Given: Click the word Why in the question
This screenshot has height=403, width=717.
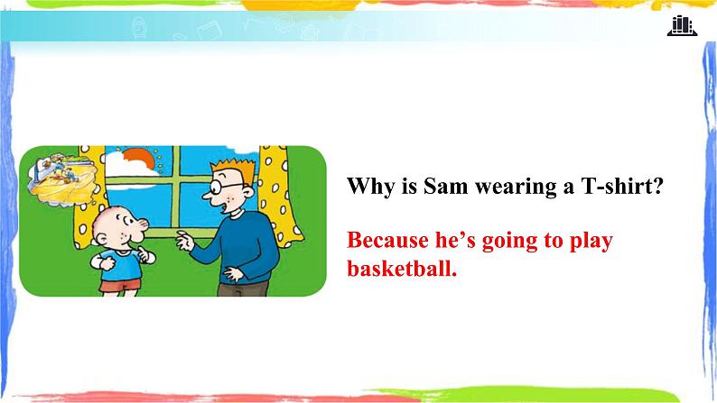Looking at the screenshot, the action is pos(370,187).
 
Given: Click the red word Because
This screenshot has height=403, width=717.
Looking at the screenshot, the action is pos(386,240).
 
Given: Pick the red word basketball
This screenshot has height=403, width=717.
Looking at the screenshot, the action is pos(402,268).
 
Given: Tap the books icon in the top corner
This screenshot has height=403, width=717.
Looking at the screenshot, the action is pos(682,25).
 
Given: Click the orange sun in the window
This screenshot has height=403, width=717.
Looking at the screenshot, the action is pos(141,158).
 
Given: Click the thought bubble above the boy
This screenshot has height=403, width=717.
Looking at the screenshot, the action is pos(62,179).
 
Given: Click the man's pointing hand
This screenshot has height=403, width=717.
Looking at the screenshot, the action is pos(185,241).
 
